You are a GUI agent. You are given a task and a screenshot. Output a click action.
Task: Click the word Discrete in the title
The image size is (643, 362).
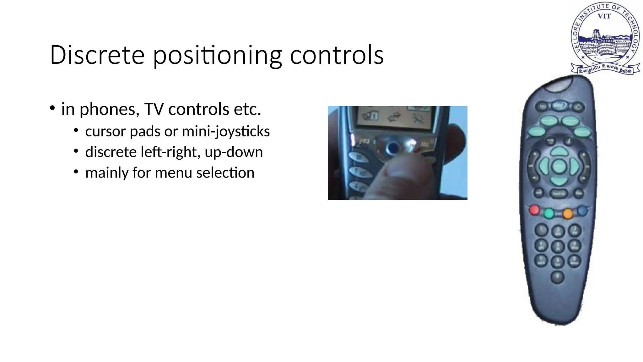pyautogui.click(x=97, y=55)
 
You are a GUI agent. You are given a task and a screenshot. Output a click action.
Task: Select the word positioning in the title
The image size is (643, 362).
pyautogui.click(x=217, y=56)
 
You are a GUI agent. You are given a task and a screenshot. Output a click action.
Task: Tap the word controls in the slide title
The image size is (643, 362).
pyautogui.click(x=337, y=55)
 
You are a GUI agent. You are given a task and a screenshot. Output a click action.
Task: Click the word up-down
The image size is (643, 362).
pyautogui.click(x=234, y=152)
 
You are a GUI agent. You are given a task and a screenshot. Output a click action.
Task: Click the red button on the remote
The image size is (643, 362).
pyautogui.click(x=534, y=210)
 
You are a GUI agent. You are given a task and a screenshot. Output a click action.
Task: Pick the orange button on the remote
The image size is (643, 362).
pyautogui.click(x=568, y=214)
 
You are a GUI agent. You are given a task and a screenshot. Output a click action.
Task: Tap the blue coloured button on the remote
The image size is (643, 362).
pyautogui.click(x=582, y=211)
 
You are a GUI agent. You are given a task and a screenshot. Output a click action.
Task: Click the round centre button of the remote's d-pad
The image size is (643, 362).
pyautogui.click(x=559, y=166)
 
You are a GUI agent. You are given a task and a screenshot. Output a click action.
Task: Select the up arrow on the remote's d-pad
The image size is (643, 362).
pyautogui.click(x=559, y=152)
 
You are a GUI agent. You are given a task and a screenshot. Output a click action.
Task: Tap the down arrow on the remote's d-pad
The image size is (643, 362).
pyautogui.click(x=559, y=181)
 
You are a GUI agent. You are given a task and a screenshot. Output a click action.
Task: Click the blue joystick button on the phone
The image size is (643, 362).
pyautogui.click(x=392, y=147)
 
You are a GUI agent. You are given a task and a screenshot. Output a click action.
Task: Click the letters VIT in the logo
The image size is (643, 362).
pyautogui.click(x=604, y=16)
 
